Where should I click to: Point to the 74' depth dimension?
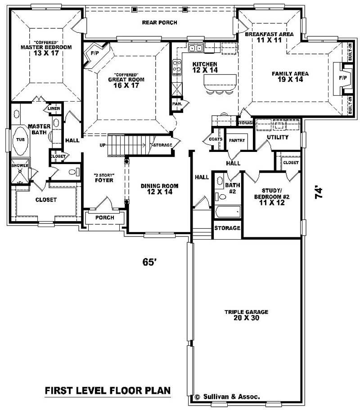point(319,193)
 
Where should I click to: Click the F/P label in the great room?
point(94,53)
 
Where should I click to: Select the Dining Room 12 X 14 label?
point(159,189)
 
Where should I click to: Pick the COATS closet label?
point(216,139)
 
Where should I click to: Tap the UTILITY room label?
point(277,137)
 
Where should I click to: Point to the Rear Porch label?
point(159,22)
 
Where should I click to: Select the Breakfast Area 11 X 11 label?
point(269,37)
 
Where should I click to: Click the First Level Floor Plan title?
point(108,391)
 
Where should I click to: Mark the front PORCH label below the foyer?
point(105,218)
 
